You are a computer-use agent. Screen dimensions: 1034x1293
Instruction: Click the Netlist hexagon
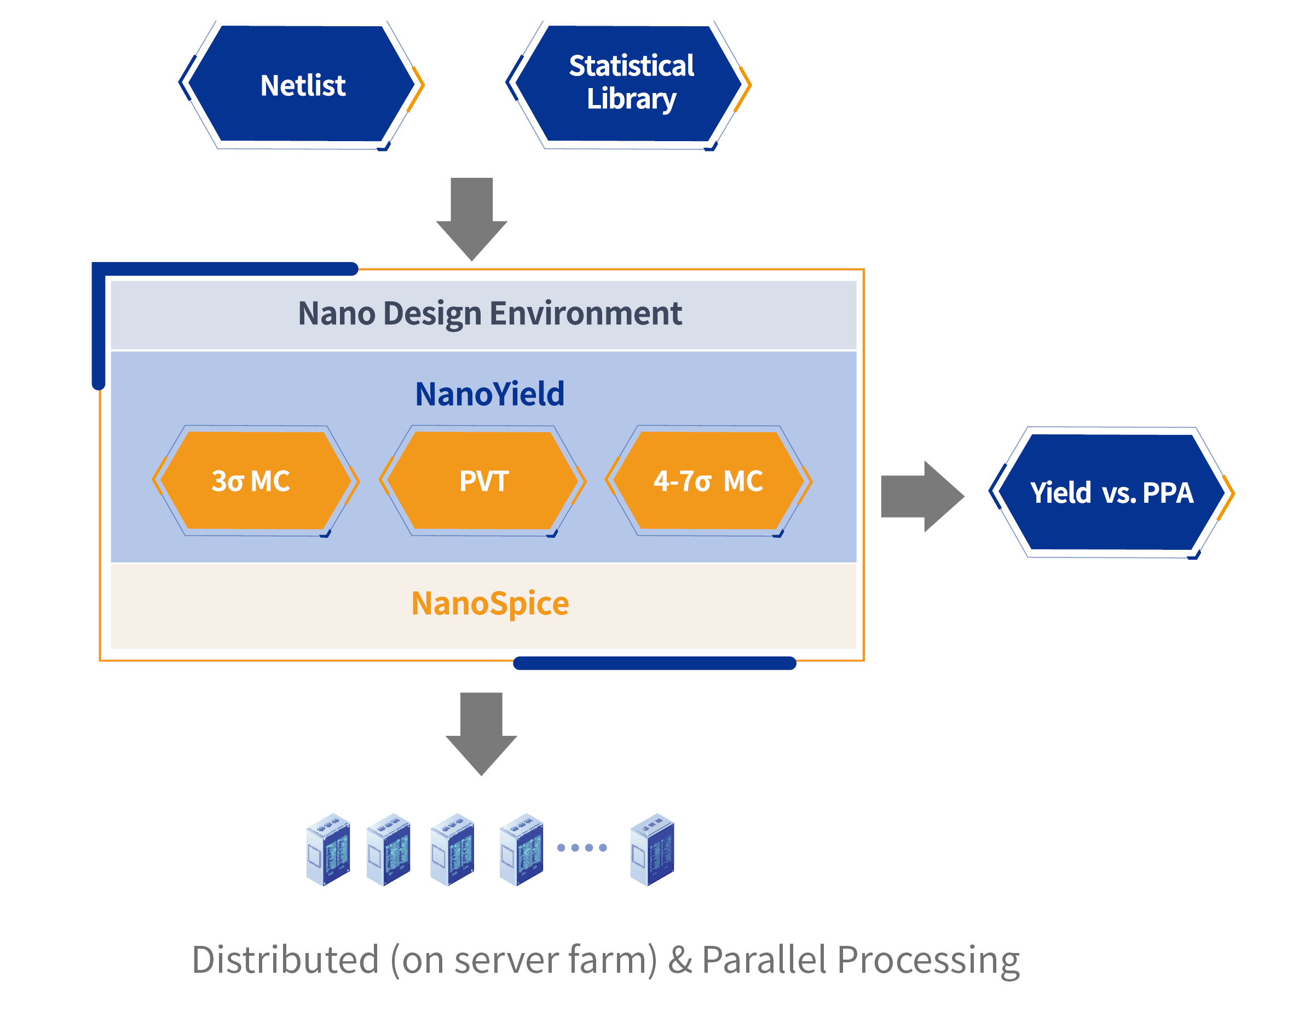coord(302,84)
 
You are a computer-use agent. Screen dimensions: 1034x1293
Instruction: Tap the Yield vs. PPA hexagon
coord(1111,492)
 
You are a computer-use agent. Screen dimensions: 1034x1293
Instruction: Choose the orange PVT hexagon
coord(483,481)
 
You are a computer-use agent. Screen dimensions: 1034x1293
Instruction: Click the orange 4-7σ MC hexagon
coord(708,481)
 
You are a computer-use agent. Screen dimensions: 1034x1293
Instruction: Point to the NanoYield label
coord(489,394)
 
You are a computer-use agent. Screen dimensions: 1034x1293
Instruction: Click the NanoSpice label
coord(489,603)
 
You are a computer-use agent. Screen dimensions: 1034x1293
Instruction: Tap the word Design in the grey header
coord(432,313)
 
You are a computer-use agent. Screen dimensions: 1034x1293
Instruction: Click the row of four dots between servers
coord(582,847)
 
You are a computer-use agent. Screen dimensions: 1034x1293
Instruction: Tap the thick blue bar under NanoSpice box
coord(654,663)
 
